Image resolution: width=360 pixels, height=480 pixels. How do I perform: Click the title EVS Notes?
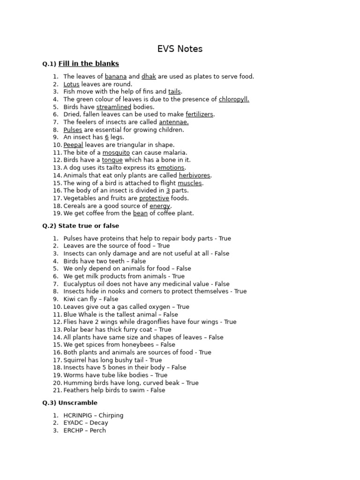pos(180,49)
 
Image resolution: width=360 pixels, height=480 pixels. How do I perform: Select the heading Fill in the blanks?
pos(89,64)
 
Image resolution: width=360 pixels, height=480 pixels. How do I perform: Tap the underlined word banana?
pos(116,76)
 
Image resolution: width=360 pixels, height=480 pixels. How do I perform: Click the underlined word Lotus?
pos(71,84)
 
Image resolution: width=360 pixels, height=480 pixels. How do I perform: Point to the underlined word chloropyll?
pos(234,99)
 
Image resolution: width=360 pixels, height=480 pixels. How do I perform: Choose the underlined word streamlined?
pos(114,107)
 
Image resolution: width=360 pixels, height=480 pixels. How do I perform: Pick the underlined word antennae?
pos(174,122)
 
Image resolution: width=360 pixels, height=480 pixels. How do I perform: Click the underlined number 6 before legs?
pos(107,137)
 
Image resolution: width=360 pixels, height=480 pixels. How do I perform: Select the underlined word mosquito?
pos(116,153)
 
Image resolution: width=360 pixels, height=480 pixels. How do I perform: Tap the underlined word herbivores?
pos(195,175)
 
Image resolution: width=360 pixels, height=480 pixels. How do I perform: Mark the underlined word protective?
pos(154,198)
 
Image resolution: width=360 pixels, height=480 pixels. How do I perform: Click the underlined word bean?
pos(140,213)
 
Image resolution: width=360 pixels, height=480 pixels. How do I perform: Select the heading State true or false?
pos(81,226)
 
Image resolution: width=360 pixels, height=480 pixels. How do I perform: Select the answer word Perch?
pos(97,430)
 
